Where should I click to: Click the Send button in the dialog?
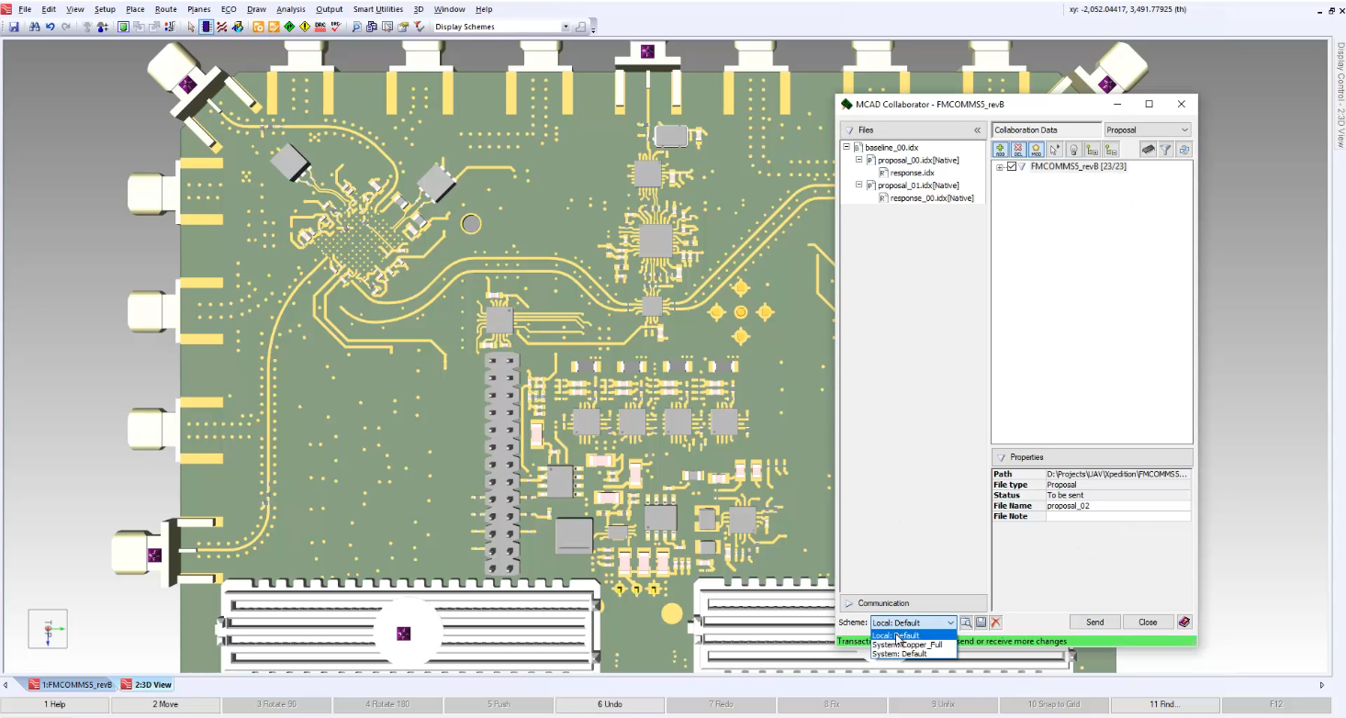pyautogui.click(x=1094, y=623)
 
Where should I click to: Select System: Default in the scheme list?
pyautogui.click(x=900, y=655)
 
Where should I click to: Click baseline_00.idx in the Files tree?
pyautogui.click(x=891, y=147)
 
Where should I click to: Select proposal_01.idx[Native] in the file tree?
pyautogui.click(x=917, y=185)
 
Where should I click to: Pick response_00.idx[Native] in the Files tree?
pyautogui.click(x=931, y=198)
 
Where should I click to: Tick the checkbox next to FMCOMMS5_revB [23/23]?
pyautogui.click(x=1012, y=167)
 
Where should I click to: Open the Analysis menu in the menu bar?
pyautogui.click(x=290, y=9)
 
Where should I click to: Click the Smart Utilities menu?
pyautogui.click(x=377, y=9)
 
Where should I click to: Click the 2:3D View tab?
pyautogui.click(x=152, y=685)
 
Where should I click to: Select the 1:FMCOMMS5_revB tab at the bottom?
pyautogui.click(x=76, y=685)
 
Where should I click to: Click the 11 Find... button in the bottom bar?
pyautogui.click(x=1164, y=704)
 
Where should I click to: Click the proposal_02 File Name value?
pyautogui.click(x=1116, y=506)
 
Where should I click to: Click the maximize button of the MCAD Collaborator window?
pyautogui.click(x=1149, y=105)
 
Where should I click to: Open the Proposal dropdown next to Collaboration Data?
pyautogui.click(x=1147, y=130)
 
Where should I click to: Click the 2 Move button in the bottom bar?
pyautogui.click(x=165, y=704)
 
